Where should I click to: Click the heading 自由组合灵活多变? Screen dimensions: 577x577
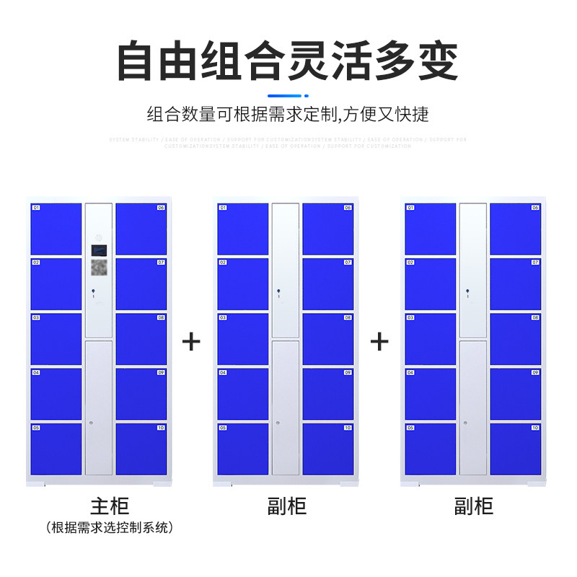pos(288,61)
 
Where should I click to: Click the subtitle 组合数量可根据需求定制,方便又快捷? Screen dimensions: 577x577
pos(288,114)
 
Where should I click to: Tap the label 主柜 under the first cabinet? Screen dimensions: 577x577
pos(110,505)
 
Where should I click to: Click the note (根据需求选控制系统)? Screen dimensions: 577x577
pos(110,527)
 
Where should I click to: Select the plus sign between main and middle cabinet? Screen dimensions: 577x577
pos(191,341)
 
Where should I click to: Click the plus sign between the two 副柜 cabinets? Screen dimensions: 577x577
pos(379,341)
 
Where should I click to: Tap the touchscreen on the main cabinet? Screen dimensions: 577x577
pos(99,250)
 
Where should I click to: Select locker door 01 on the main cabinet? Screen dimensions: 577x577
pos(56,229)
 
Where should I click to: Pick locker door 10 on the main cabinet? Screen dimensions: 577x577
pos(141,449)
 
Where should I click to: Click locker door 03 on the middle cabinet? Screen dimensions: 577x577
pos(243,339)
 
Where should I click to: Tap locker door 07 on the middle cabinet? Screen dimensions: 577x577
pos(328,283)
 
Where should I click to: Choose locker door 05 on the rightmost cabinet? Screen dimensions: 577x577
pos(430,449)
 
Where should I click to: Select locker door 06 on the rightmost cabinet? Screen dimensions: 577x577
pos(515,229)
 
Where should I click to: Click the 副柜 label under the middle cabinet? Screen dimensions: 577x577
pos(286,506)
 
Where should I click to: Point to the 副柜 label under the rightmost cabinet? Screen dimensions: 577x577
pos(474,506)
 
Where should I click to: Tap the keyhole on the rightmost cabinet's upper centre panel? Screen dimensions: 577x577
pos(467,292)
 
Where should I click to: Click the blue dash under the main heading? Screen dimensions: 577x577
pos(288,94)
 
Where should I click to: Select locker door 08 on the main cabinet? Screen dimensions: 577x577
pos(141,339)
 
